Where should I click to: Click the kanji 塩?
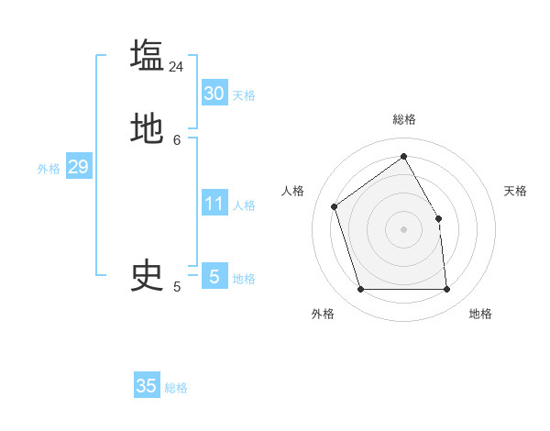tap(147, 55)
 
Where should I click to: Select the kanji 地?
tap(147, 128)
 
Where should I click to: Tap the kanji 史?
tap(147, 275)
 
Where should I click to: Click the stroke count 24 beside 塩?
tap(176, 67)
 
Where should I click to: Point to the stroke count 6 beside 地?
tap(177, 139)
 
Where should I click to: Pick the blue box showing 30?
tap(214, 94)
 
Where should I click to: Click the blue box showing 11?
tap(214, 204)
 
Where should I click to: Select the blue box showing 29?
tap(78, 167)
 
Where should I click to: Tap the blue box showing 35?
tap(147, 386)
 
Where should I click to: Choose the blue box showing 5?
tap(214, 276)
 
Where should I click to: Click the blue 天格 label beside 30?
tap(244, 95)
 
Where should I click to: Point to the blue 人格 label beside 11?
tap(245, 205)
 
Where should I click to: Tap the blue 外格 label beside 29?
tap(49, 169)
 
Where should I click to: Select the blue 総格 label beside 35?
tap(176, 388)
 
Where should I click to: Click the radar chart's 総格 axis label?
tap(404, 119)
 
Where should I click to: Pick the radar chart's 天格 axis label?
tap(516, 191)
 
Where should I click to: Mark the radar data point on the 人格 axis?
tap(335, 206)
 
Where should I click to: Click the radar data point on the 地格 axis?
tap(446, 290)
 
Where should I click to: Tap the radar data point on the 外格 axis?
tap(361, 290)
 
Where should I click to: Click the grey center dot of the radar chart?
tap(403, 229)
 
